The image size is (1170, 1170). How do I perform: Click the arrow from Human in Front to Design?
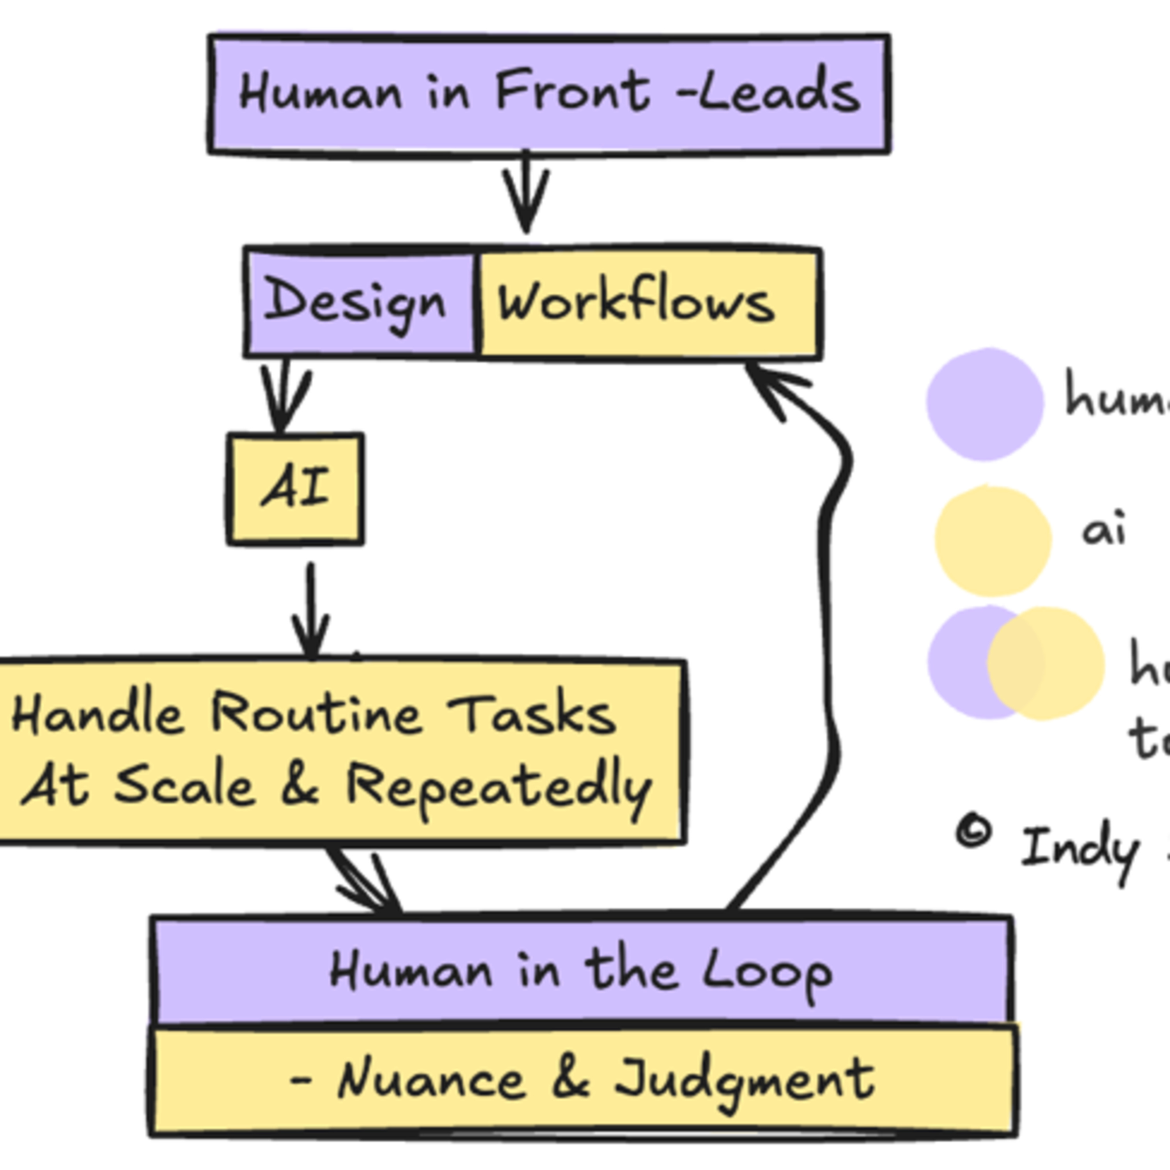[x=526, y=194]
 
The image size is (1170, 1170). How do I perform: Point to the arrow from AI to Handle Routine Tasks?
[x=311, y=612]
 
